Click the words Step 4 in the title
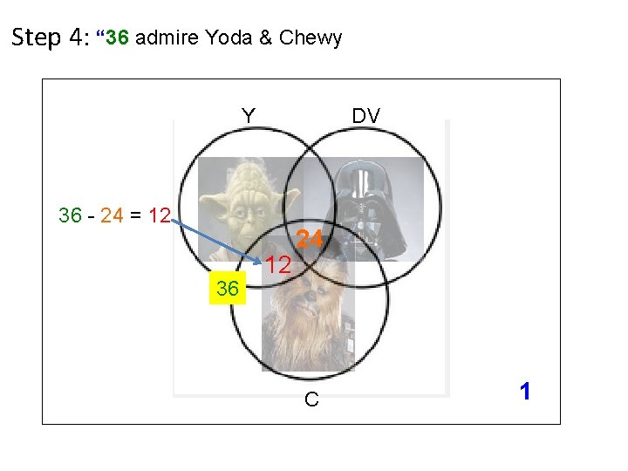coord(49,38)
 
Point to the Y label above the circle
coord(249,115)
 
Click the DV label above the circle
coord(365,115)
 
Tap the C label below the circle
coord(311,399)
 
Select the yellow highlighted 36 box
coord(228,289)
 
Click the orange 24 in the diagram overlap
coord(309,238)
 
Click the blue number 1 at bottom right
coord(524,392)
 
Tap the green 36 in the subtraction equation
coord(71,215)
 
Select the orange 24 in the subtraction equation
coord(113,215)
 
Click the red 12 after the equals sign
coord(158,215)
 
